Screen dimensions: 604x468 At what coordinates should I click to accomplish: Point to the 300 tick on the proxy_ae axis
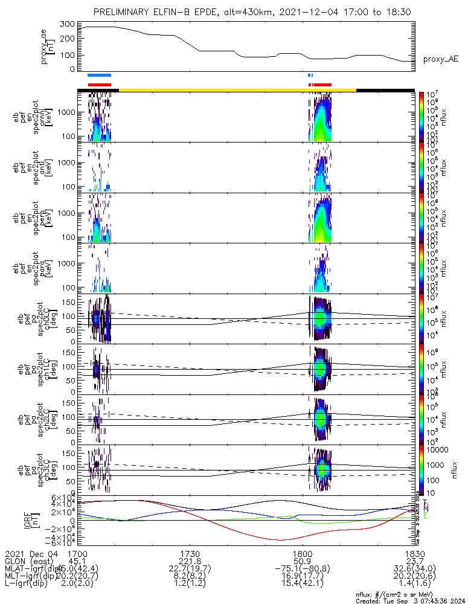click(68, 24)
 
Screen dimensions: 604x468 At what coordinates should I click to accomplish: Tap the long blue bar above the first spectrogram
click(99, 75)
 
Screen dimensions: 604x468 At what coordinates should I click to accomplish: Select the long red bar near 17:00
click(100, 85)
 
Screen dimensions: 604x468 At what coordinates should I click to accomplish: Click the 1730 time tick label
click(190, 554)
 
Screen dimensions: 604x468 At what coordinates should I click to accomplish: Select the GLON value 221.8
click(190, 561)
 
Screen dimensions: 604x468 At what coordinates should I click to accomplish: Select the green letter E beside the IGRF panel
click(425, 515)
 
